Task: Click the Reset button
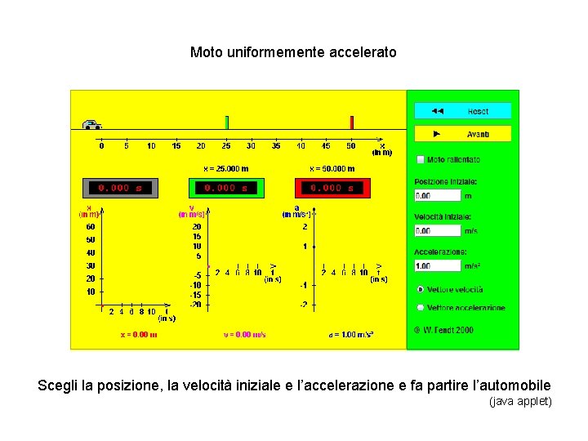point(462,110)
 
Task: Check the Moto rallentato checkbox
point(421,160)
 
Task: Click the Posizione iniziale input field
point(438,195)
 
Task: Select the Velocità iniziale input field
point(438,230)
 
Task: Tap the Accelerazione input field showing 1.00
point(438,265)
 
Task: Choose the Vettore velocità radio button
point(420,289)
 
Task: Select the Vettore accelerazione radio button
point(420,308)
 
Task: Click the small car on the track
point(91,125)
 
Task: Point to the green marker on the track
point(226,122)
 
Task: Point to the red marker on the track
point(352,122)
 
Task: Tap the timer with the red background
point(332,188)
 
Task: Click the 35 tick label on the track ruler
point(276,146)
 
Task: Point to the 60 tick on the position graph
point(90,226)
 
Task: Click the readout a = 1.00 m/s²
point(351,334)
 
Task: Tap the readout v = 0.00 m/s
point(245,334)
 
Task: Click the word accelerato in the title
point(363,52)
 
